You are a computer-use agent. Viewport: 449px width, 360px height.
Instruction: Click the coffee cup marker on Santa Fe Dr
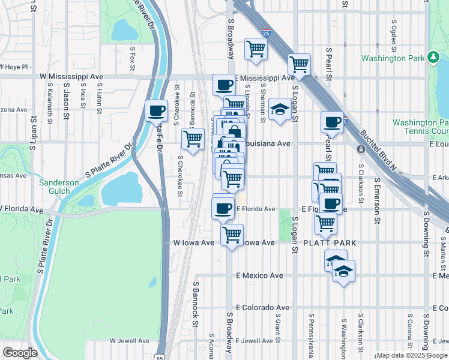click(x=156, y=110)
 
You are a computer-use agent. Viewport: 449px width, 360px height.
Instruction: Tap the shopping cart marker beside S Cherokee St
click(x=193, y=139)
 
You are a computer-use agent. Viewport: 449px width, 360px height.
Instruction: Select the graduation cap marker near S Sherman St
click(x=279, y=109)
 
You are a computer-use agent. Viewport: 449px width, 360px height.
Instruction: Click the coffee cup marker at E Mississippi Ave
click(x=224, y=85)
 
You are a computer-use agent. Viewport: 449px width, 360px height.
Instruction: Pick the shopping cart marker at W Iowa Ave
click(x=232, y=235)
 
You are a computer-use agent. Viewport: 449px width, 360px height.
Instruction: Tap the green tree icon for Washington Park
click(x=433, y=58)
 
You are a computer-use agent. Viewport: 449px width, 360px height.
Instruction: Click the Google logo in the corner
click(x=20, y=352)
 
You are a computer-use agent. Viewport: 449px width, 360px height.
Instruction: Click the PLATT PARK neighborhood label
click(x=330, y=243)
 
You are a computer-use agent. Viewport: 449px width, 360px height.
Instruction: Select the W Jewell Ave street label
click(x=129, y=340)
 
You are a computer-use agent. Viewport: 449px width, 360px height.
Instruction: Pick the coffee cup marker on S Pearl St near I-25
click(x=331, y=122)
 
